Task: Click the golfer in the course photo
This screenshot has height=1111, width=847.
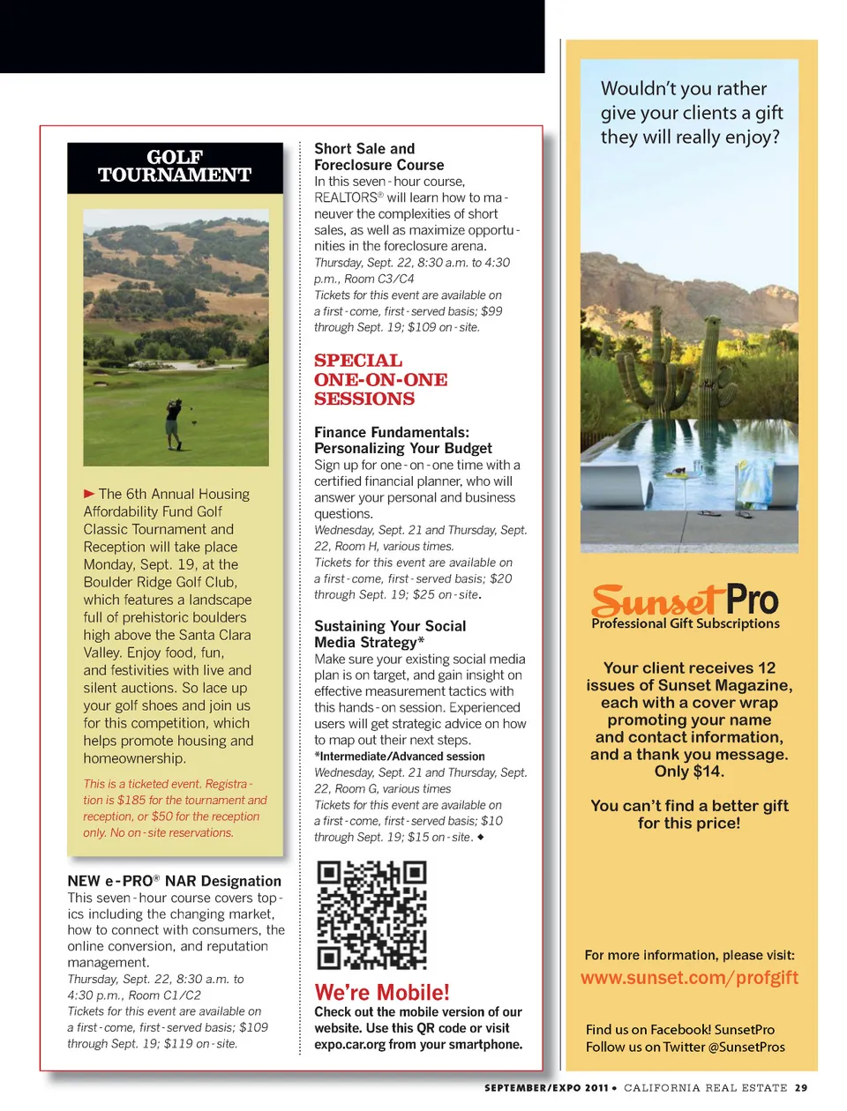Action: click(174, 422)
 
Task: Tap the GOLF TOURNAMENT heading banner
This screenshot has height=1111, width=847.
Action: click(175, 167)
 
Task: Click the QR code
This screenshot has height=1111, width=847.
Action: click(371, 915)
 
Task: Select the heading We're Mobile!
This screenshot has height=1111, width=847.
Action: click(382, 992)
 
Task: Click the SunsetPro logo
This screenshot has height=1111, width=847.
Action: click(685, 600)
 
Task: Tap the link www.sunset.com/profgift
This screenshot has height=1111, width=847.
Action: click(689, 978)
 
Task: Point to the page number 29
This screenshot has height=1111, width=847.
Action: click(800, 1088)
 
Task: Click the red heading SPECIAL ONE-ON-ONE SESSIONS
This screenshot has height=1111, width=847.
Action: click(380, 380)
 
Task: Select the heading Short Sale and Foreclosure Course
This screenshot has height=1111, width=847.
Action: click(379, 157)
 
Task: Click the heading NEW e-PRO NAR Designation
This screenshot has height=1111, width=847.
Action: click(174, 881)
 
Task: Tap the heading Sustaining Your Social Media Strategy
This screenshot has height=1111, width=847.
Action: click(390, 634)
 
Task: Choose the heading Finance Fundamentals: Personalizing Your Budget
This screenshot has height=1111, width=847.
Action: click(403, 440)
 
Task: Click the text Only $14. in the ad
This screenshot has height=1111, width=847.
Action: click(689, 772)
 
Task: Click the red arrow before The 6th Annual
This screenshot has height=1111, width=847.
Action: click(89, 494)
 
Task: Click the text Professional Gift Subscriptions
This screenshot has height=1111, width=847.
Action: click(686, 623)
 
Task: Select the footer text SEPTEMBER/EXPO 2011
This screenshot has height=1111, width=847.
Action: click(546, 1088)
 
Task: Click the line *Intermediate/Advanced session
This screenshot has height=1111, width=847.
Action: click(400, 757)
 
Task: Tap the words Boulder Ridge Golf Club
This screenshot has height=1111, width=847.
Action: click(160, 582)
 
